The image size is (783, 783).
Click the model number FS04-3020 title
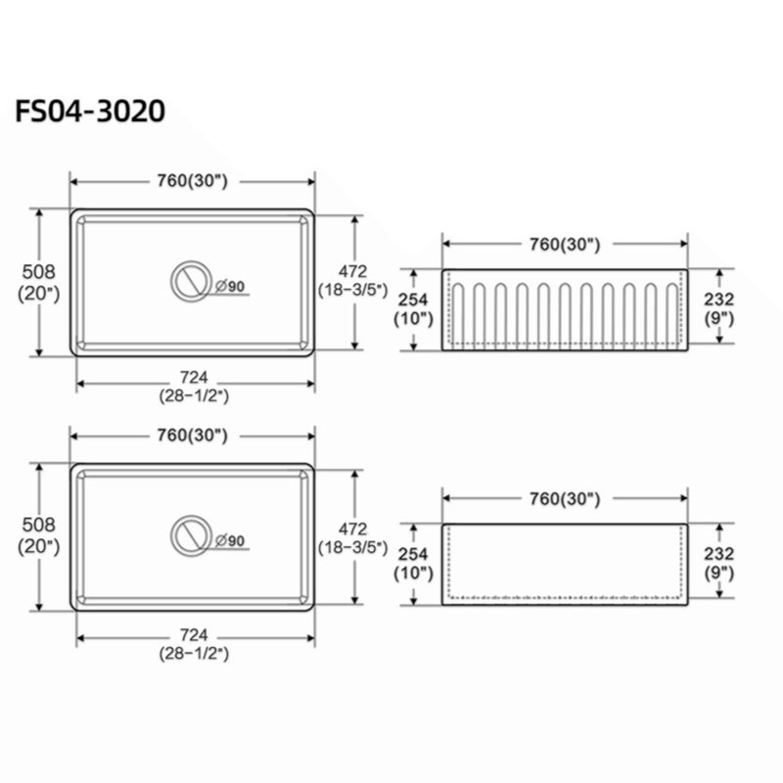(x=90, y=111)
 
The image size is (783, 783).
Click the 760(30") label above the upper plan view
(x=192, y=181)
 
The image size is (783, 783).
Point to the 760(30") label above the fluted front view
(x=565, y=244)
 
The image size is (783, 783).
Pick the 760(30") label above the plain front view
(x=565, y=498)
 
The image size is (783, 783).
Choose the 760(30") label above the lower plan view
(x=192, y=436)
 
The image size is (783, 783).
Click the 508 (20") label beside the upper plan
(x=39, y=283)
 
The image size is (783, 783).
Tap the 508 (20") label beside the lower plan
(x=39, y=535)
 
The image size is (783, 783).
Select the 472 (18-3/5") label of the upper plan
(x=353, y=280)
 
